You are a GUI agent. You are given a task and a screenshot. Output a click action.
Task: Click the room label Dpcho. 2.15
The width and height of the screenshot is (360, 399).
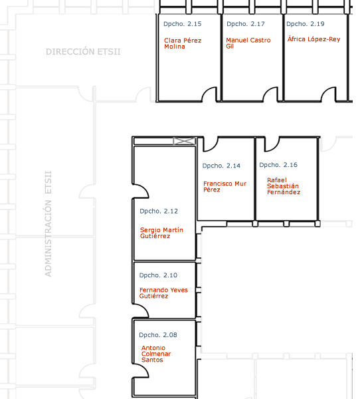(182, 24)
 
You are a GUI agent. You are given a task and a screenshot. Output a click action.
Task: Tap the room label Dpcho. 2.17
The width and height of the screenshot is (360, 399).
(246, 24)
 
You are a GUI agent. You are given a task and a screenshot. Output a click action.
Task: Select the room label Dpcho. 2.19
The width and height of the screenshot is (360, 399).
(306, 24)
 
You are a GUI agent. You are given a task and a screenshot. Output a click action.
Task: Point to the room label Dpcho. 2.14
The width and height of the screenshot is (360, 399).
(221, 166)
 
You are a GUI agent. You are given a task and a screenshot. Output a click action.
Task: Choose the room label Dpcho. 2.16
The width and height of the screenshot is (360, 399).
(278, 165)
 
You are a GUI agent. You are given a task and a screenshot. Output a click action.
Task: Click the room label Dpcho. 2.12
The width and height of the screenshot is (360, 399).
(159, 211)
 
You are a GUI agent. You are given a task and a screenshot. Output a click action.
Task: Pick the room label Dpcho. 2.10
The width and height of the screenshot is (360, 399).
(158, 275)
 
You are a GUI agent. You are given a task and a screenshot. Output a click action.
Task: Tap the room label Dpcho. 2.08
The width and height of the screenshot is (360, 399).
(158, 335)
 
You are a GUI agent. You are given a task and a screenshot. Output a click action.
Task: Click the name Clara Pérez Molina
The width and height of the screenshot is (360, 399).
(183, 43)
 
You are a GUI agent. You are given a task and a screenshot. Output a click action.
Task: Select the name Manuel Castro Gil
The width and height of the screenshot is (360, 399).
(248, 43)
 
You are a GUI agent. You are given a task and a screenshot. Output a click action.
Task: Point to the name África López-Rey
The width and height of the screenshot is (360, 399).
(314, 39)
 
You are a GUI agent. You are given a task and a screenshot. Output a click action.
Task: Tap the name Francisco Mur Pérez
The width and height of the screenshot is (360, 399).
(225, 186)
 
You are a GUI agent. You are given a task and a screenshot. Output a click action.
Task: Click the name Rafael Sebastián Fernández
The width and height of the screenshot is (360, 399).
(284, 186)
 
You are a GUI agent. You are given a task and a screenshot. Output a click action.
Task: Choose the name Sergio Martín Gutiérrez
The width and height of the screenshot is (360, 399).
(161, 233)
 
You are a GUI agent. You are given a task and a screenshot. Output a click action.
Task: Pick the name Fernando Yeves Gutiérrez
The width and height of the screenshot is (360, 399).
(163, 293)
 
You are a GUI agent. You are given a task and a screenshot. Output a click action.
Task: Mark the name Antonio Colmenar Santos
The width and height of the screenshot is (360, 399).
(156, 354)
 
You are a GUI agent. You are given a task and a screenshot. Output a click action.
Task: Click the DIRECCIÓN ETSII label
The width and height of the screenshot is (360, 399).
(83, 51)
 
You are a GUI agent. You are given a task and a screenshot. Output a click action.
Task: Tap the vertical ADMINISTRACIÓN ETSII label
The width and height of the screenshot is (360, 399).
(48, 224)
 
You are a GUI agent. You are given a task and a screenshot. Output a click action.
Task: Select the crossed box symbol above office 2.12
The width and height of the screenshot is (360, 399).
(185, 141)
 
